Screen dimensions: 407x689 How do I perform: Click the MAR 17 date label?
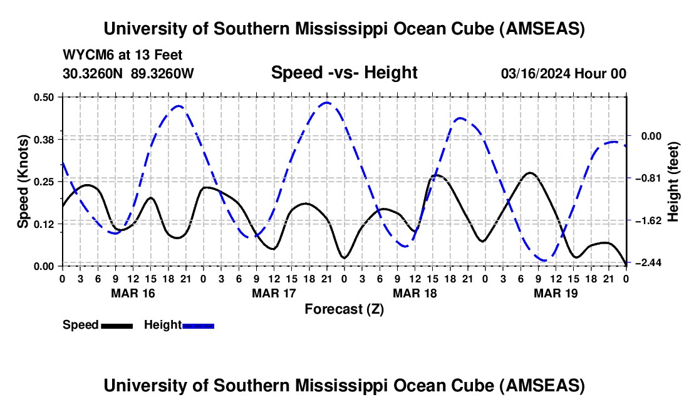coord(274,293)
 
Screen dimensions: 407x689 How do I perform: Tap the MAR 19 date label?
coord(556,293)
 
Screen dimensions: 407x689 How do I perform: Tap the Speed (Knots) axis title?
coord(23,182)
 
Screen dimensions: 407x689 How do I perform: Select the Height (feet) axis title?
coord(674,182)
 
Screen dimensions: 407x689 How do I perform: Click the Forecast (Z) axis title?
coord(344,309)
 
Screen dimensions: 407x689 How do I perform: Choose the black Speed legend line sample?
coord(116,326)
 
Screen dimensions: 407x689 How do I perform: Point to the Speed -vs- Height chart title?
coord(344,73)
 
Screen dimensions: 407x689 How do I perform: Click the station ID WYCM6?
coord(85,55)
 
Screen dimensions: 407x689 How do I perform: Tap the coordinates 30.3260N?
coord(94,73)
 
